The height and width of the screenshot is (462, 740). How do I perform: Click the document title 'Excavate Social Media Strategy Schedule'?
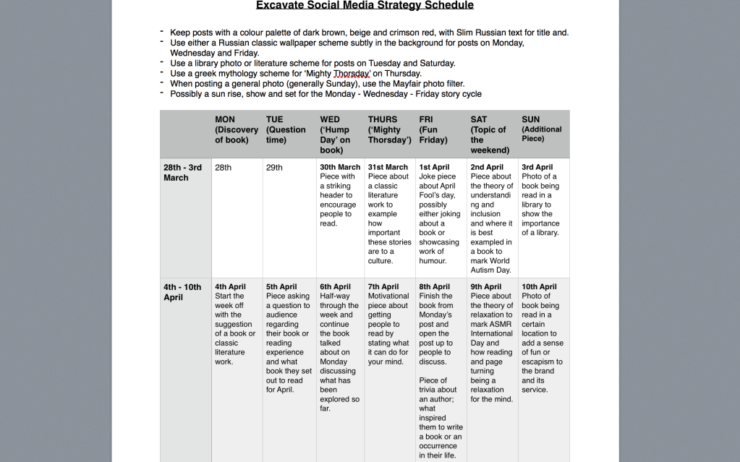365,6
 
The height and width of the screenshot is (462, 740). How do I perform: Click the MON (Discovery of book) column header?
236,130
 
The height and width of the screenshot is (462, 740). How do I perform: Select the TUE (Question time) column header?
286,130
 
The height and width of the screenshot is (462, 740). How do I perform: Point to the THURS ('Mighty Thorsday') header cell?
389,130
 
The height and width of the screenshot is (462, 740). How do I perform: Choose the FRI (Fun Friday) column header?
433,130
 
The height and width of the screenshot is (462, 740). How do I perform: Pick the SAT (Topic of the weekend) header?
488,134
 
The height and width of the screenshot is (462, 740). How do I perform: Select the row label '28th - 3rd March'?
184,172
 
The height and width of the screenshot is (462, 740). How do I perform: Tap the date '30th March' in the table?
340,167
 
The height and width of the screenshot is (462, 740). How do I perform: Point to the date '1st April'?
434,167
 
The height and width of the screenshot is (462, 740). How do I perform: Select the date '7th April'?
383,287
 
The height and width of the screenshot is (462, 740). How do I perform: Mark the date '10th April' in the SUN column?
539,287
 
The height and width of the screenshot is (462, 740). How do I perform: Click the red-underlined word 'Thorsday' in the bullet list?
352,74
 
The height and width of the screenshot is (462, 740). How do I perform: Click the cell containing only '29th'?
274,168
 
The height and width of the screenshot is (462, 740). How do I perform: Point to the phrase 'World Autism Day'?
490,265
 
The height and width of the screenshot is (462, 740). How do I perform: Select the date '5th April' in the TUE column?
281,287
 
